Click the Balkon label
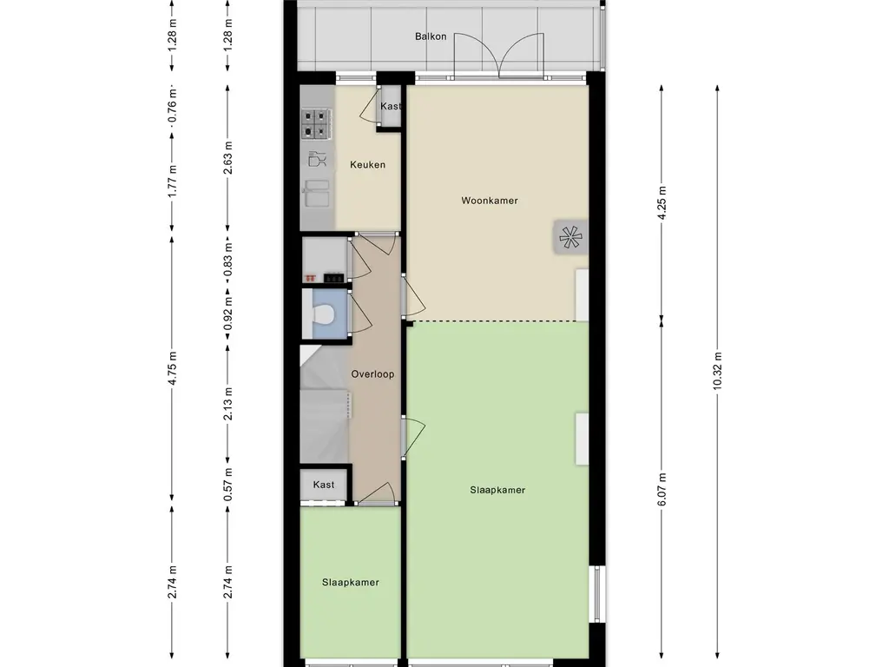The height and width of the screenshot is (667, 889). (x=431, y=36)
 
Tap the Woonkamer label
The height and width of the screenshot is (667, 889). (x=490, y=201)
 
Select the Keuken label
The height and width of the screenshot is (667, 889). (x=367, y=164)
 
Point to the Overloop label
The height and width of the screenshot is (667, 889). (x=372, y=373)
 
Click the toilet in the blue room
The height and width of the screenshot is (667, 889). (x=323, y=314)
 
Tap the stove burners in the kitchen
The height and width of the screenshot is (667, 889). (x=316, y=123)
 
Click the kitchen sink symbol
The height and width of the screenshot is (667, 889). (x=316, y=194)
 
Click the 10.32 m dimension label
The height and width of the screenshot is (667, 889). (x=717, y=371)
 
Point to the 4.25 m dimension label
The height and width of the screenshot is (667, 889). (x=662, y=198)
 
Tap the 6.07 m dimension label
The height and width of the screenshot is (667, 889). (x=662, y=489)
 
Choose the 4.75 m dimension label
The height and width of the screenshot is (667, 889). (x=173, y=368)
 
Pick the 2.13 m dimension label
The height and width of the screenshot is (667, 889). (x=228, y=404)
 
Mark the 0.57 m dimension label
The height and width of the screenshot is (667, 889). (x=228, y=485)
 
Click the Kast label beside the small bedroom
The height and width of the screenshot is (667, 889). (x=324, y=485)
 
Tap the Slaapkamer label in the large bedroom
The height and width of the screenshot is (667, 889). (x=497, y=490)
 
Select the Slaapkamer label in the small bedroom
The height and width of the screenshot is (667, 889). (x=351, y=583)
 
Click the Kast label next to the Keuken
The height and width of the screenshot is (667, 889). (x=390, y=106)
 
